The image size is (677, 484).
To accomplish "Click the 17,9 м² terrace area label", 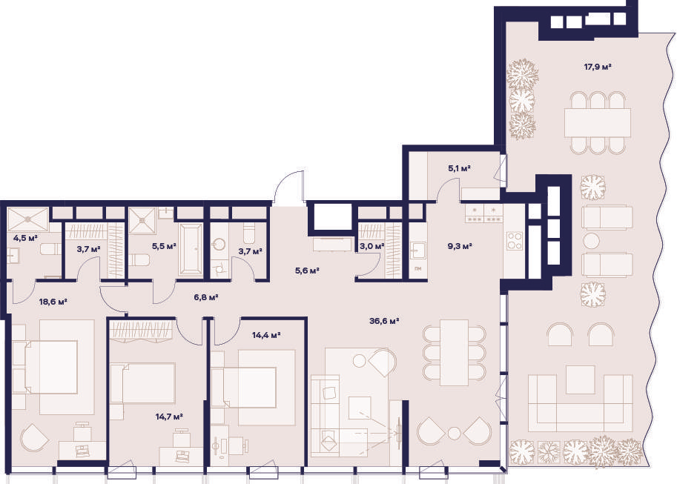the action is [598, 67].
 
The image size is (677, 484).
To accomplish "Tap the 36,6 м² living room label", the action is [384, 321].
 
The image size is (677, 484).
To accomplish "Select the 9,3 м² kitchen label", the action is [460, 247].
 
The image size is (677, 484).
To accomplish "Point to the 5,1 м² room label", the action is [459, 168].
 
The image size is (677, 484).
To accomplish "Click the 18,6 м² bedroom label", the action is [53, 302].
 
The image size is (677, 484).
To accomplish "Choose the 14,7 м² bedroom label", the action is [169, 417].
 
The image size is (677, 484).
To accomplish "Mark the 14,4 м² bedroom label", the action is [266, 334].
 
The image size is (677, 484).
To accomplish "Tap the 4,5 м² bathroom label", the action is [25, 238].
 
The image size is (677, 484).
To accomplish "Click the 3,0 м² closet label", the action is [372, 247].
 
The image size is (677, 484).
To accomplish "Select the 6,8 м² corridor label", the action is [206, 297].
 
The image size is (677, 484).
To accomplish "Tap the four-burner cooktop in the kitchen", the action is [514, 241].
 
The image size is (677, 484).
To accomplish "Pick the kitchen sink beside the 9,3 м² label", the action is [417, 251].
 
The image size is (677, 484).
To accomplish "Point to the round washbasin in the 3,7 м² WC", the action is [219, 245].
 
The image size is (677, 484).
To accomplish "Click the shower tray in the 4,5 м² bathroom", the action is [28, 219].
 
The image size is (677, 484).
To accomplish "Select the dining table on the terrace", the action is [598, 122].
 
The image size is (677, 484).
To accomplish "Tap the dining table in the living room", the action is [455, 353].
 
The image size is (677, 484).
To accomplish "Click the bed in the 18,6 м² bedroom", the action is [51, 367].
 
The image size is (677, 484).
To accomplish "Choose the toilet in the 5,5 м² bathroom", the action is [139, 260].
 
